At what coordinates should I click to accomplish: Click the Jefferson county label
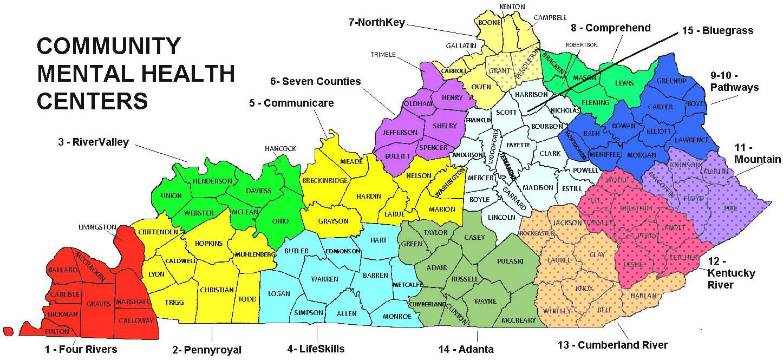point(400,132)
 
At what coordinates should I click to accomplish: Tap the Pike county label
point(733,208)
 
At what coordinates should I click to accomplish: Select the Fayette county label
point(519,145)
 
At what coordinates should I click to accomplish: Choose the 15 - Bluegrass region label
point(717,31)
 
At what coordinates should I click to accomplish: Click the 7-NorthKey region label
point(377,23)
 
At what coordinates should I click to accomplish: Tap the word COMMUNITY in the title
point(108,46)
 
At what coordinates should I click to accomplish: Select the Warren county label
point(324,279)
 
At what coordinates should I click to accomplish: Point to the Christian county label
point(217,290)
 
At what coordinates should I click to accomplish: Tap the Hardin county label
point(369,196)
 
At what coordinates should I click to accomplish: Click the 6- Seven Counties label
point(315,82)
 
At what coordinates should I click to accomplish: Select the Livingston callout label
point(97,226)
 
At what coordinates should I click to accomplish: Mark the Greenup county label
point(671,81)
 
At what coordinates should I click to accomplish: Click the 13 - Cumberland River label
point(612,345)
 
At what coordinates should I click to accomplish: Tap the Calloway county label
point(136,320)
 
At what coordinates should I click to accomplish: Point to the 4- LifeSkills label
point(316,349)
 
